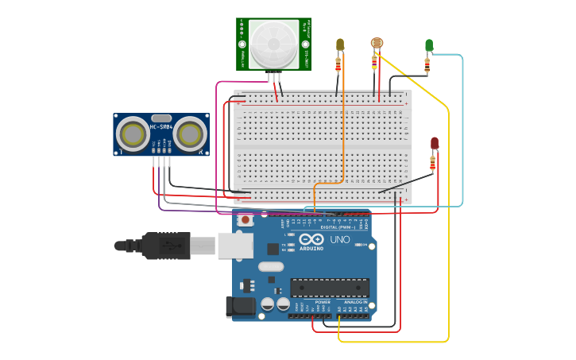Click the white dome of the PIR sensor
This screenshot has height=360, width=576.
[x=274, y=43]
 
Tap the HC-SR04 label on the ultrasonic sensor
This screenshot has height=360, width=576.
[x=161, y=127]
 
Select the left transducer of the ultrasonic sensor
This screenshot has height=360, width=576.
[x=132, y=134]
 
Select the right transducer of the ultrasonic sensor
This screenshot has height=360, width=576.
[x=191, y=134]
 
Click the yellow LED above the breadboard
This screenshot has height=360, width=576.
[x=340, y=45]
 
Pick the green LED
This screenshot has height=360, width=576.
[x=429, y=45]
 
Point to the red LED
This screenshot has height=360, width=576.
[x=435, y=143]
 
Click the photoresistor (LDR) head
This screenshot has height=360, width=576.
[x=376, y=44]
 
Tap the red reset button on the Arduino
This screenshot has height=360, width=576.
[x=245, y=219]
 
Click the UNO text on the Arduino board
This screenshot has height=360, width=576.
[x=339, y=239]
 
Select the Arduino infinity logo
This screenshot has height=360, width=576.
[x=311, y=238]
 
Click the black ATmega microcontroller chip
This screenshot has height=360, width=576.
[x=329, y=287]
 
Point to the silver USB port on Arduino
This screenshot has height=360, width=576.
[x=235, y=246]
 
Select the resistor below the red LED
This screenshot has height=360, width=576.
[x=433, y=164]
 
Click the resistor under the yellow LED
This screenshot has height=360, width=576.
[x=339, y=64]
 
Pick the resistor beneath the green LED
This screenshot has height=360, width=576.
[x=427, y=65]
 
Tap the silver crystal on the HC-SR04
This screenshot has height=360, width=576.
[x=161, y=117]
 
